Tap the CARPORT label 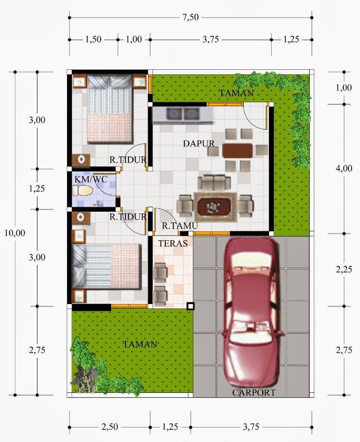click(x=254, y=393)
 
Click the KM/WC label click(x=91, y=179)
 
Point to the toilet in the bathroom click(x=83, y=191)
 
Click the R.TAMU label click(x=180, y=226)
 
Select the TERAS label click(x=173, y=244)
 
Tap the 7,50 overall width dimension click(x=190, y=17)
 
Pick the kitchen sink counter click(x=183, y=114)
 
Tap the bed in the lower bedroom click(x=107, y=265)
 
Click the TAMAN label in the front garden click(x=140, y=345)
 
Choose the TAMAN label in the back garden click(x=236, y=93)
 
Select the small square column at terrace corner click(x=191, y=306)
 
